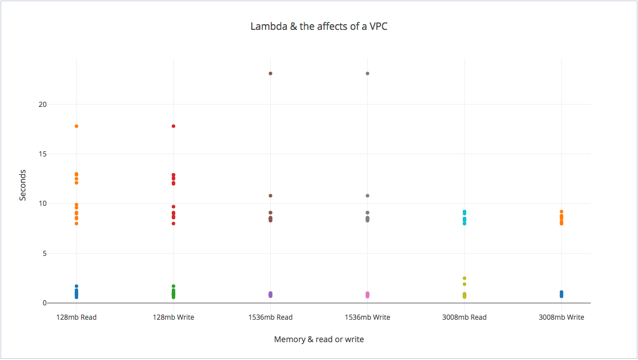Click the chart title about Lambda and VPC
(318, 26)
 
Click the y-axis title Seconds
(23, 185)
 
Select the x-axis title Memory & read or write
(318, 339)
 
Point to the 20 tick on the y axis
(43, 105)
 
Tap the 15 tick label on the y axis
(43, 154)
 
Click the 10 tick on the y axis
(43, 204)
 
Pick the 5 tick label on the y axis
(44, 254)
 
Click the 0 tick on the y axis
(44, 303)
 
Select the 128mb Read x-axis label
(76, 317)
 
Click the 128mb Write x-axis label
(174, 317)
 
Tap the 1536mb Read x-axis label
(270, 317)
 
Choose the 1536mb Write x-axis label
(367, 317)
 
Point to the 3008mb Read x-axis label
(464, 317)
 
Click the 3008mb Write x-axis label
(562, 317)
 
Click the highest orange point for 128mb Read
(76, 126)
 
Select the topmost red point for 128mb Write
(174, 126)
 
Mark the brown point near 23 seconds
(270, 74)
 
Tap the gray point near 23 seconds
(367, 74)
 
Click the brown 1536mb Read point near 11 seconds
(270, 196)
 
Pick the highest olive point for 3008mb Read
(464, 278)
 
